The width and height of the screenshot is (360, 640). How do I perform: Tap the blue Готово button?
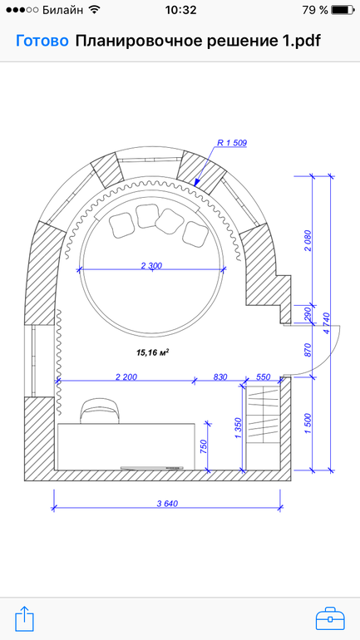click(x=42, y=42)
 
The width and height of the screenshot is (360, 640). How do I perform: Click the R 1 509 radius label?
click(x=232, y=142)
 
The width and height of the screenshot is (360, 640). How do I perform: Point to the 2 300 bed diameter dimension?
click(x=152, y=266)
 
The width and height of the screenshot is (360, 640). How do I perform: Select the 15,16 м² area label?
click(x=153, y=352)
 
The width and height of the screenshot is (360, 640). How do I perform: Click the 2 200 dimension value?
click(x=126, y=377)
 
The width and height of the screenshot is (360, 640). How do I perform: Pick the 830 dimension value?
click(x=220, y=377)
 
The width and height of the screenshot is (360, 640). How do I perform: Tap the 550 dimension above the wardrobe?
click(x=263, y=377)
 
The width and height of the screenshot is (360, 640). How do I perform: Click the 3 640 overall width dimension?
click(x=167, y=503)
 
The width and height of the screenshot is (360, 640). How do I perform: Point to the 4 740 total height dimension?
click(x=326, y=322)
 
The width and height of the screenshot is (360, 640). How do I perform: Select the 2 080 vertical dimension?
click(x=308, y=241)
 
